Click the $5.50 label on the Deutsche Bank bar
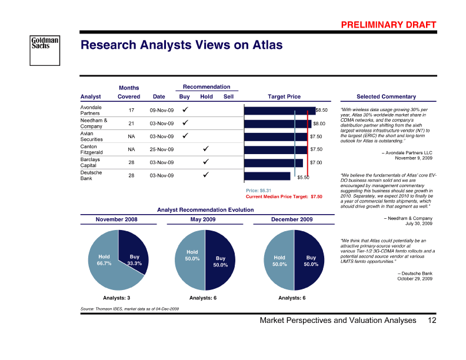303,177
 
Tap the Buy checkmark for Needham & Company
184,124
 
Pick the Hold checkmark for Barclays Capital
206,162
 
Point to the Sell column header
229,96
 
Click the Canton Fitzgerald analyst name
92,149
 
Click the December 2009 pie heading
291,219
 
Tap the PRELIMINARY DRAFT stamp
388,25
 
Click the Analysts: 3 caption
116,298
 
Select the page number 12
432,321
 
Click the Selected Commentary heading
386,96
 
